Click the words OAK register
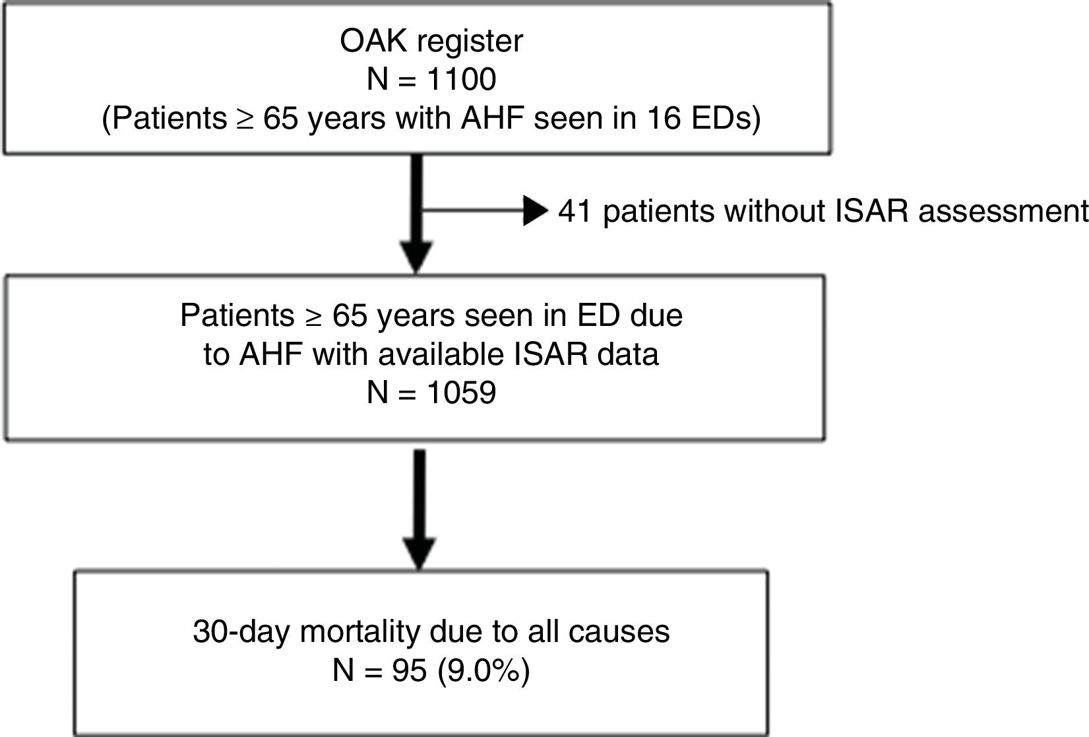431,42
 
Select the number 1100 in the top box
461,80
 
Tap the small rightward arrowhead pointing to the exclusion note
535,211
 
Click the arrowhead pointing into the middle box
416,258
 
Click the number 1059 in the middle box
461,393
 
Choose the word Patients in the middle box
237,315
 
